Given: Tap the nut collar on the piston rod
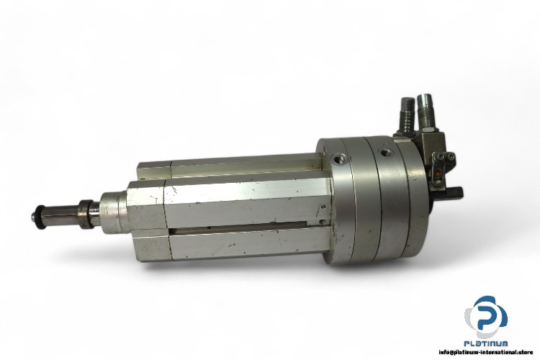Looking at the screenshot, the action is click(87, 214).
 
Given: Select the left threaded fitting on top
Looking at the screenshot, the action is click(408, 113).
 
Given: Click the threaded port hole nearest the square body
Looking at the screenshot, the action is click(336, 159).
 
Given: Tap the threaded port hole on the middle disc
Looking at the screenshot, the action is click(385, 151).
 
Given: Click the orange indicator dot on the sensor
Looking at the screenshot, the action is click(438, 174).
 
